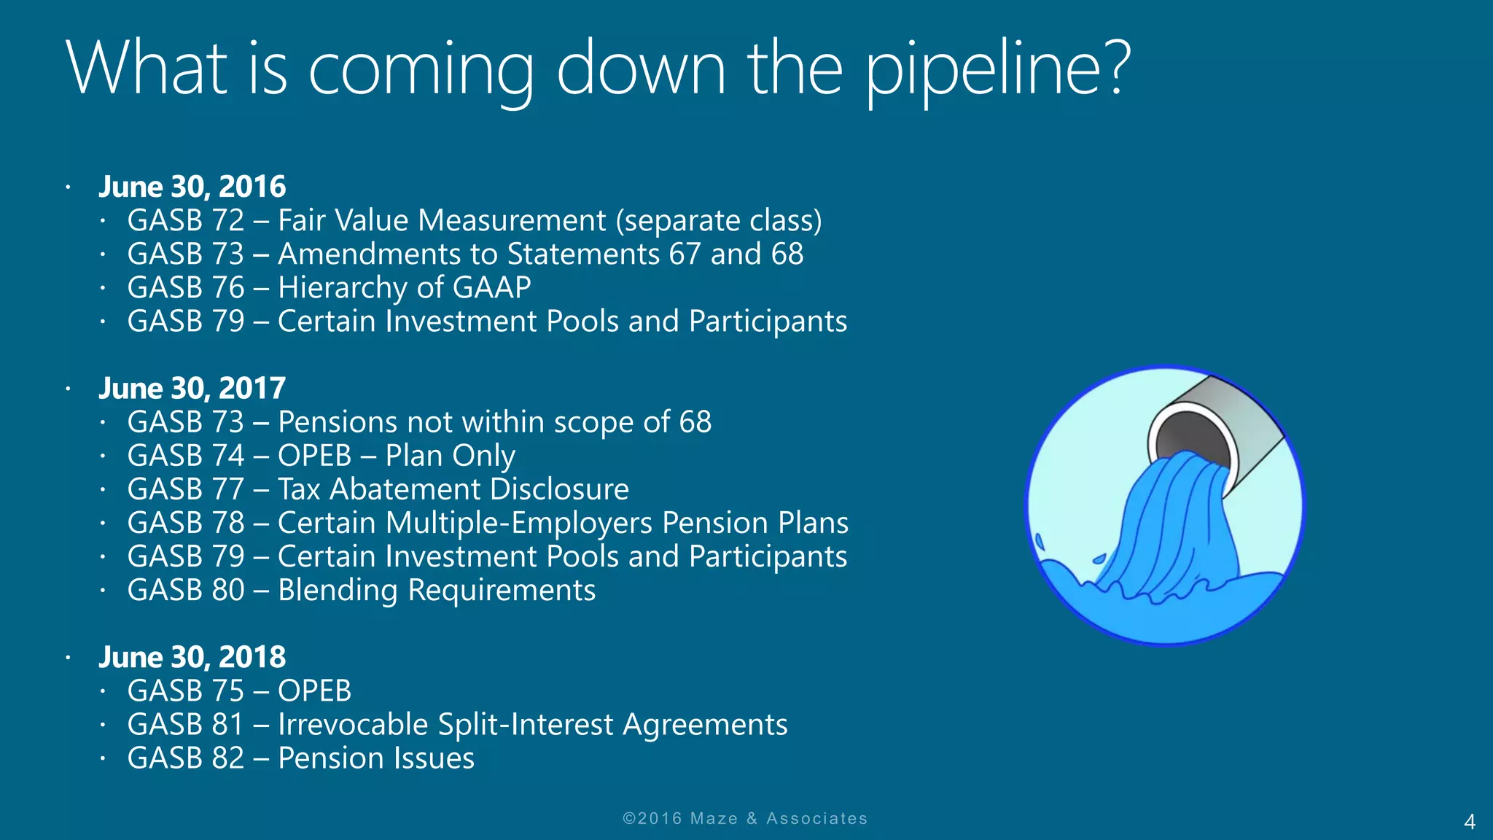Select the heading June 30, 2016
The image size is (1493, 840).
click(x=192, y=187)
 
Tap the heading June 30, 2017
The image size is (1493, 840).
click(x=192, y=388)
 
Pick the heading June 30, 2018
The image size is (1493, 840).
click(x=192, y=657)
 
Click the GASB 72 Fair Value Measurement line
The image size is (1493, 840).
click(x=474, y=220)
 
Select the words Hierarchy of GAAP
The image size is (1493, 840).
click(x=404, y=287)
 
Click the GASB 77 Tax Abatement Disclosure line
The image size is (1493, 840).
click(x=378, y=489)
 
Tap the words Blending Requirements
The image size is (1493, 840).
click(x=436, y=590)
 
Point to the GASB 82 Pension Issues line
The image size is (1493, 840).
click(x=300, y=758)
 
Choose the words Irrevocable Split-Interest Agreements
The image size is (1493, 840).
click(x=532, y=725)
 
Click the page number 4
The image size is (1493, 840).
click(x=1470, y=822)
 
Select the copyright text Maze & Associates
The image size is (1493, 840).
click(x=779, y=818)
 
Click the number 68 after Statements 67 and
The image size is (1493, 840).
click(x=787, y=254)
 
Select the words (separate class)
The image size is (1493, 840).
click(x=719, y=220)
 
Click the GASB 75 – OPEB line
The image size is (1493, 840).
click(x=239, y=691)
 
